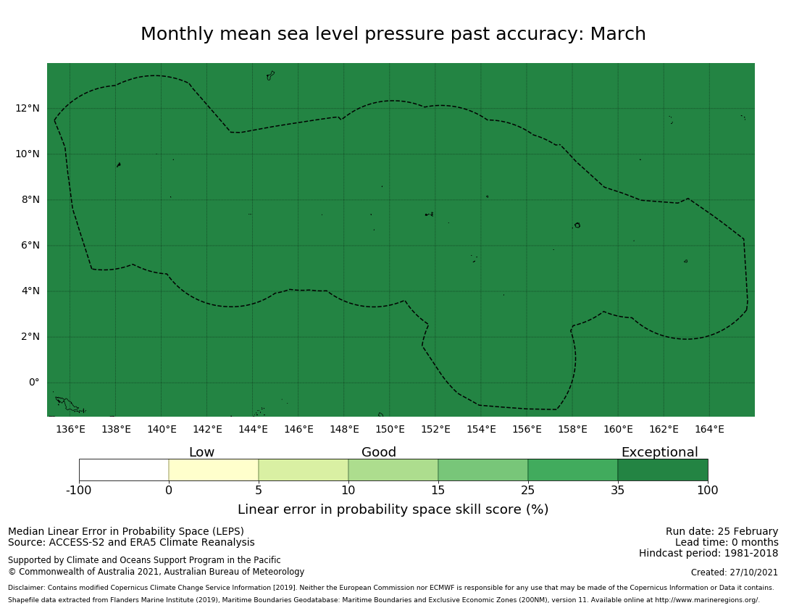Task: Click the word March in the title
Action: point(617,34)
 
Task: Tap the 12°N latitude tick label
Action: point(28,109)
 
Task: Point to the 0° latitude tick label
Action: point(34,383)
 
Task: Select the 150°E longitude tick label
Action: point(390,429)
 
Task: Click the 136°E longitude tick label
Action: point(70,429)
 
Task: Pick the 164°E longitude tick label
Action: point(709,429)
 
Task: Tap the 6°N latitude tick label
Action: point(28,246)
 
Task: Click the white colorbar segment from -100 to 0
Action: point(124,470)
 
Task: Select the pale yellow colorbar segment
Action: point(214,470)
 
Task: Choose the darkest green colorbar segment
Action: point(662,470)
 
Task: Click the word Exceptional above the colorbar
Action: point(659,453)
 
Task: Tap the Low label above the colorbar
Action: point(201,453)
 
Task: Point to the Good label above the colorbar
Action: point(379,453)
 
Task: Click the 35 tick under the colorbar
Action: point(618,490)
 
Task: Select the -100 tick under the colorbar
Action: point(79,490)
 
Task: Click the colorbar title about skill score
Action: point(393,509)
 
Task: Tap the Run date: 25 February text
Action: point(722,531)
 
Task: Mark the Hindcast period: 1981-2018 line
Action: point(708,554)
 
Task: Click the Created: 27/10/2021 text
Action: point(735,572)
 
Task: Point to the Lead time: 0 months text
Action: point(727,543)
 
